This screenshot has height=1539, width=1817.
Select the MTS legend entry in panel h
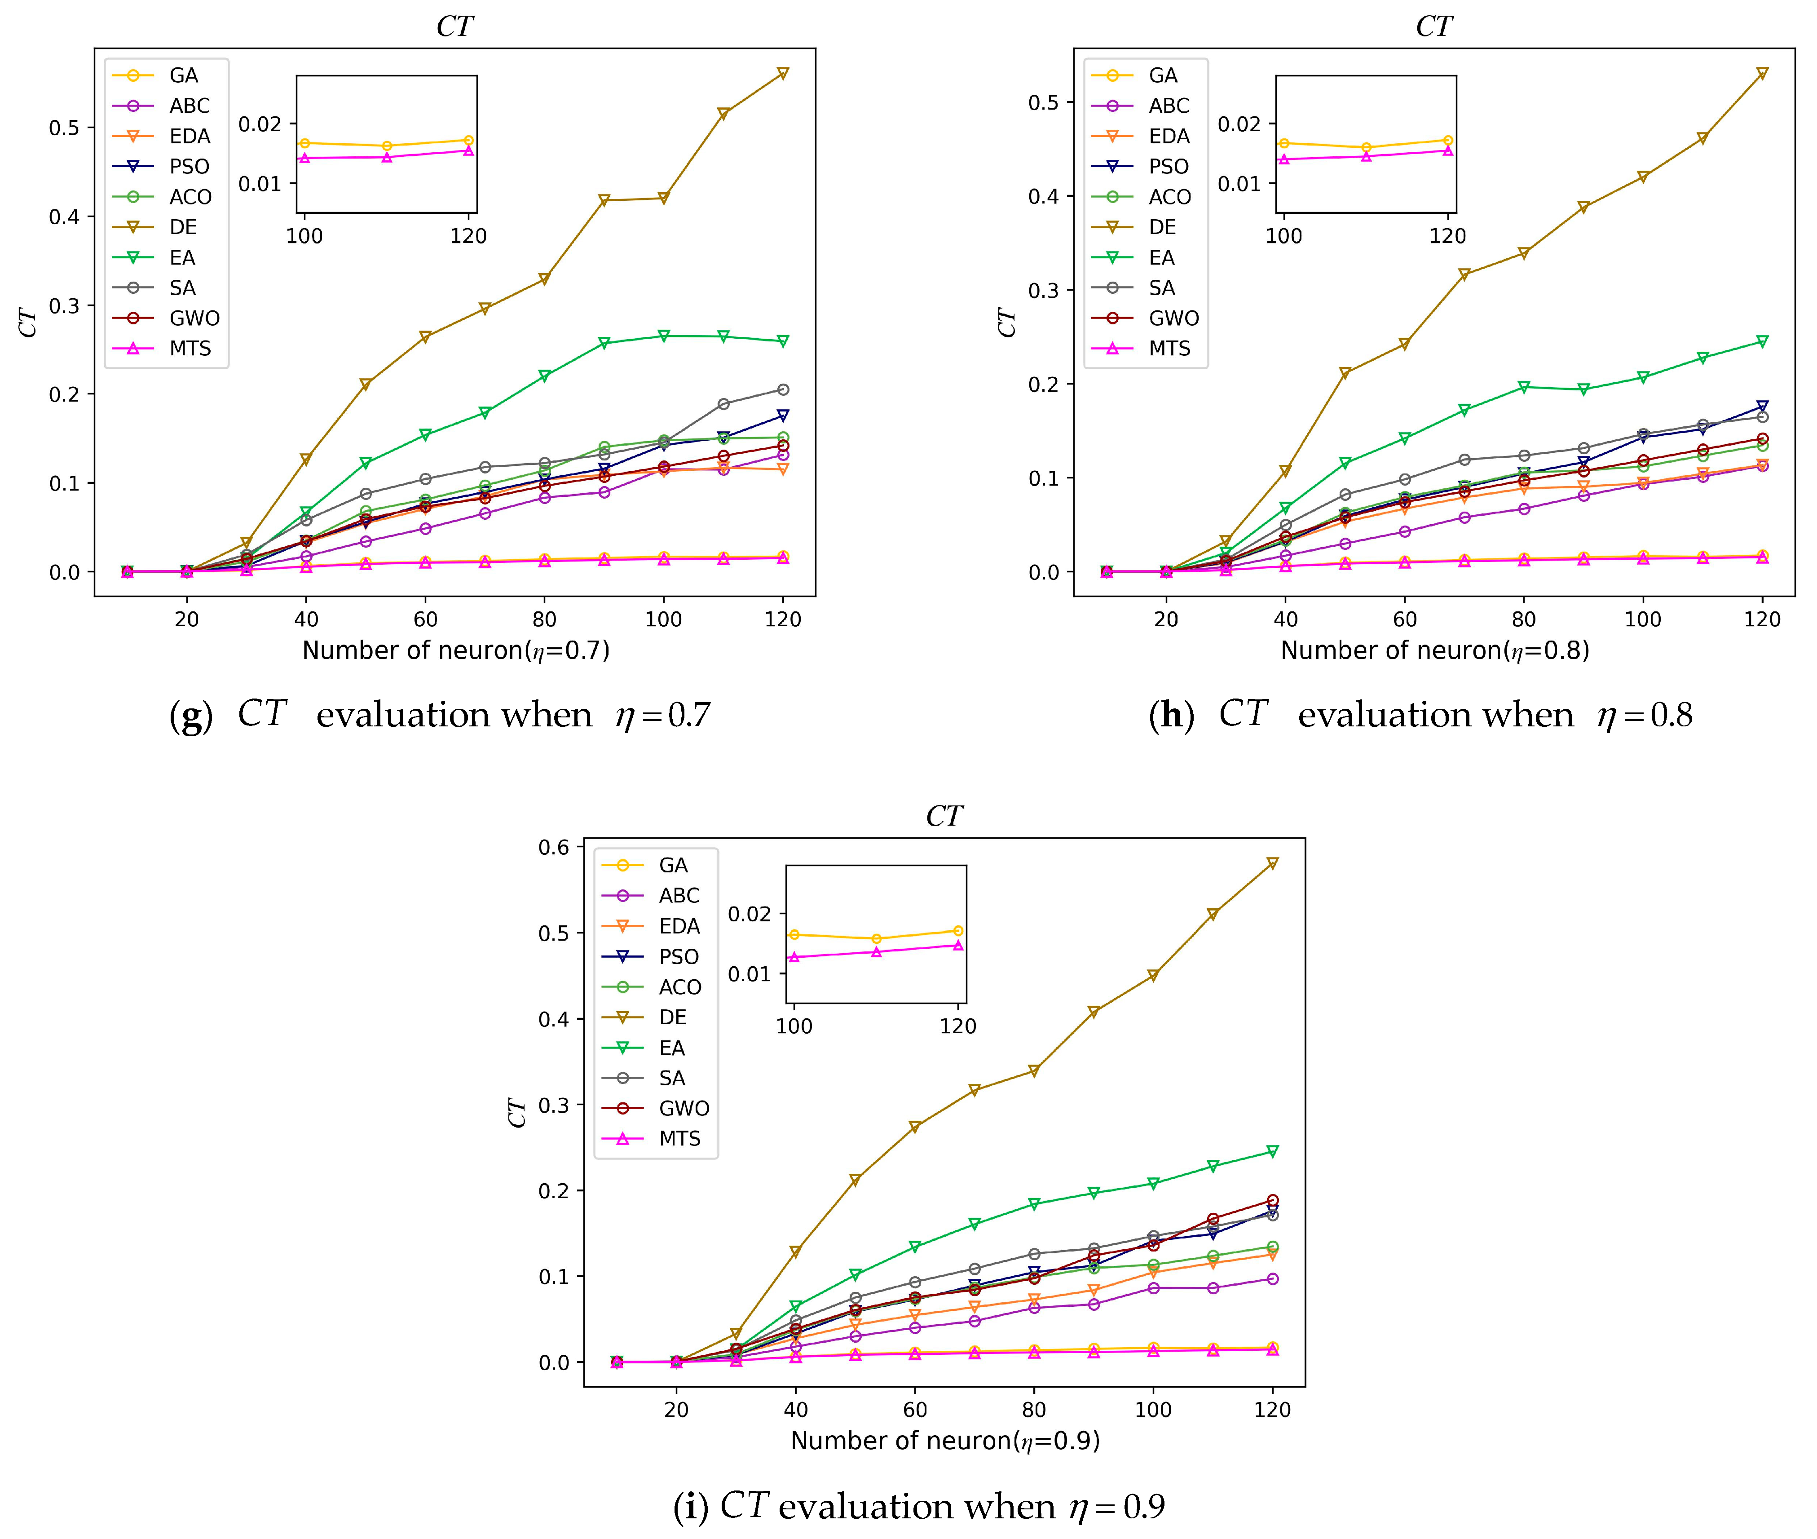pyautogui.click(x=1169, y=348)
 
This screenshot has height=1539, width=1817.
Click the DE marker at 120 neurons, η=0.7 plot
pyautogui.click(x=782, y=73)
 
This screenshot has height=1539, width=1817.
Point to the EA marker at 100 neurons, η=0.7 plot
pyautogui.click(x=664, y=336)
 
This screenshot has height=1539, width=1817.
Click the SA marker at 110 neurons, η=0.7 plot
pyautogui.click(x=723, y=404)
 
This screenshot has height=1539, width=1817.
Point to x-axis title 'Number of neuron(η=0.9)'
pyautogui.click(x=945, y=1441)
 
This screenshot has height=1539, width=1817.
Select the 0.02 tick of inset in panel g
pyautogui.click(x=260, y=124)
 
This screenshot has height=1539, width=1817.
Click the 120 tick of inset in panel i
pyautogui.click(x=958, y=1026)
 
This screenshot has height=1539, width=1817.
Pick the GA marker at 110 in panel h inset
pyautogui.click(x=1366, y=147)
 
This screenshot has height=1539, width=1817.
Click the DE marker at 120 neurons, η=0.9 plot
pyautogui.click(x=1272, y=863)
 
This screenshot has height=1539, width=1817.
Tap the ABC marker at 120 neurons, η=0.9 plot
pyautogui.click(x=1272, y=1279)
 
